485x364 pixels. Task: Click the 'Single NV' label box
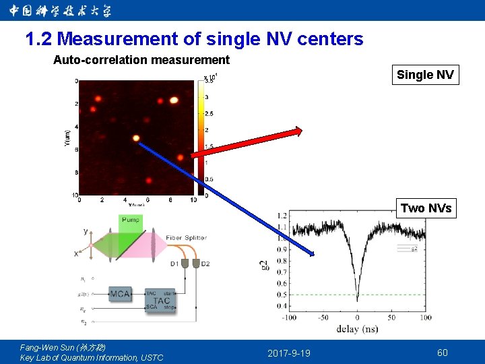click(425, 75)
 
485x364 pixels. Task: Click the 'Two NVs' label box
click(426, 208)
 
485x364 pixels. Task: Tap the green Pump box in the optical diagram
click(131, 220)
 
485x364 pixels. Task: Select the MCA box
click(121, 294)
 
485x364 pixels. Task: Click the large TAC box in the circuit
click(162, 301)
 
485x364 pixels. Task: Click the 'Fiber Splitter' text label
click(187, 238)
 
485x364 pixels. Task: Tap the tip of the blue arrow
click(314, 255)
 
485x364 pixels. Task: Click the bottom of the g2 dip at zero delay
click(357, 299)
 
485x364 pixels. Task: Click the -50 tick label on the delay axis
click(323, 317)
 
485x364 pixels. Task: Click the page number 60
click(442, 353)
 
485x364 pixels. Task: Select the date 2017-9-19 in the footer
click(289, 353)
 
